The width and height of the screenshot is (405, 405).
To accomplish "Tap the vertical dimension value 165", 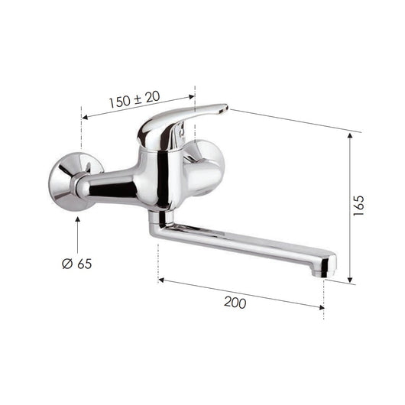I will click(359, 205).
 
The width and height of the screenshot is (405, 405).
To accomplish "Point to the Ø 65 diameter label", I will click(76, 264).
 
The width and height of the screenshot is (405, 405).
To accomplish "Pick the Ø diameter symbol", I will click(66, 264).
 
